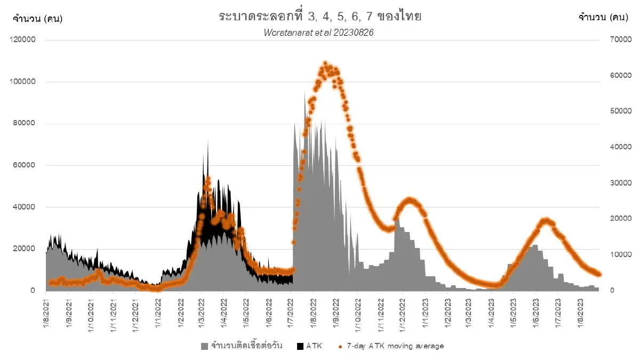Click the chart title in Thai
[x=320, y=17]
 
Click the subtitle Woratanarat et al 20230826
[x=319, y=33]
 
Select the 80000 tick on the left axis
[x=22, y=124]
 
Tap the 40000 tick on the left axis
[x=22, y=207]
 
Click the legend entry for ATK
[x=314, y=346]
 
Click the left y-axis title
[x=38, y=18]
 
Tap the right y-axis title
[x=602, y=18]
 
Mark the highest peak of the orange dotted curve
[x=325, y=63]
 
